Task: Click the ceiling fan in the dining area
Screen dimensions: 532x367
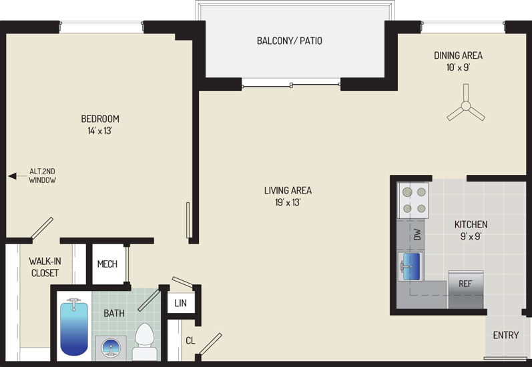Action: point(466,106)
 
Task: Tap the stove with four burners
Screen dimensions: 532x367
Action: point(414,200)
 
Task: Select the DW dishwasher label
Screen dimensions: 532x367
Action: point(417,234)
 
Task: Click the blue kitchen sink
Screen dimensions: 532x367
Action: point(411,267)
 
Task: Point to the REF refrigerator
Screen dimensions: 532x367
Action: point(465,290)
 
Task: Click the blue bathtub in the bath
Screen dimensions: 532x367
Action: point(73,328)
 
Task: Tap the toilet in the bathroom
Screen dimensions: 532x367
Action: point(145,342)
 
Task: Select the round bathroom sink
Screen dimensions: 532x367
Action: point(111,348)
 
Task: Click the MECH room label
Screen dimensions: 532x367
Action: point(107,264)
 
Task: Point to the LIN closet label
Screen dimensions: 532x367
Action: point(180,303)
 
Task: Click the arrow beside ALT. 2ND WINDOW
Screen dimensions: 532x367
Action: point(17,176)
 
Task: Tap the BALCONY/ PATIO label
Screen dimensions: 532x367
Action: point(290,41)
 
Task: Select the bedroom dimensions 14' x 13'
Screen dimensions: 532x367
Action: point(99,131)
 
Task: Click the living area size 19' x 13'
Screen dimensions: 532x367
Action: point(288,202)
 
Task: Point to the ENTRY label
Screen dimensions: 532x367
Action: point(505,335)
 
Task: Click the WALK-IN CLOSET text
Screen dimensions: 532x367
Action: point(45,267)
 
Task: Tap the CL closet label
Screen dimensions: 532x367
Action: point(190,340)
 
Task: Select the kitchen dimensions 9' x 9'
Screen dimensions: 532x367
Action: point(471,236)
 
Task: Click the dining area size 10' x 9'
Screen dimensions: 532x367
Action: point(458,67)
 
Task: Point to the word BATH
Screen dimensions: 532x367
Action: point(114,313)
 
